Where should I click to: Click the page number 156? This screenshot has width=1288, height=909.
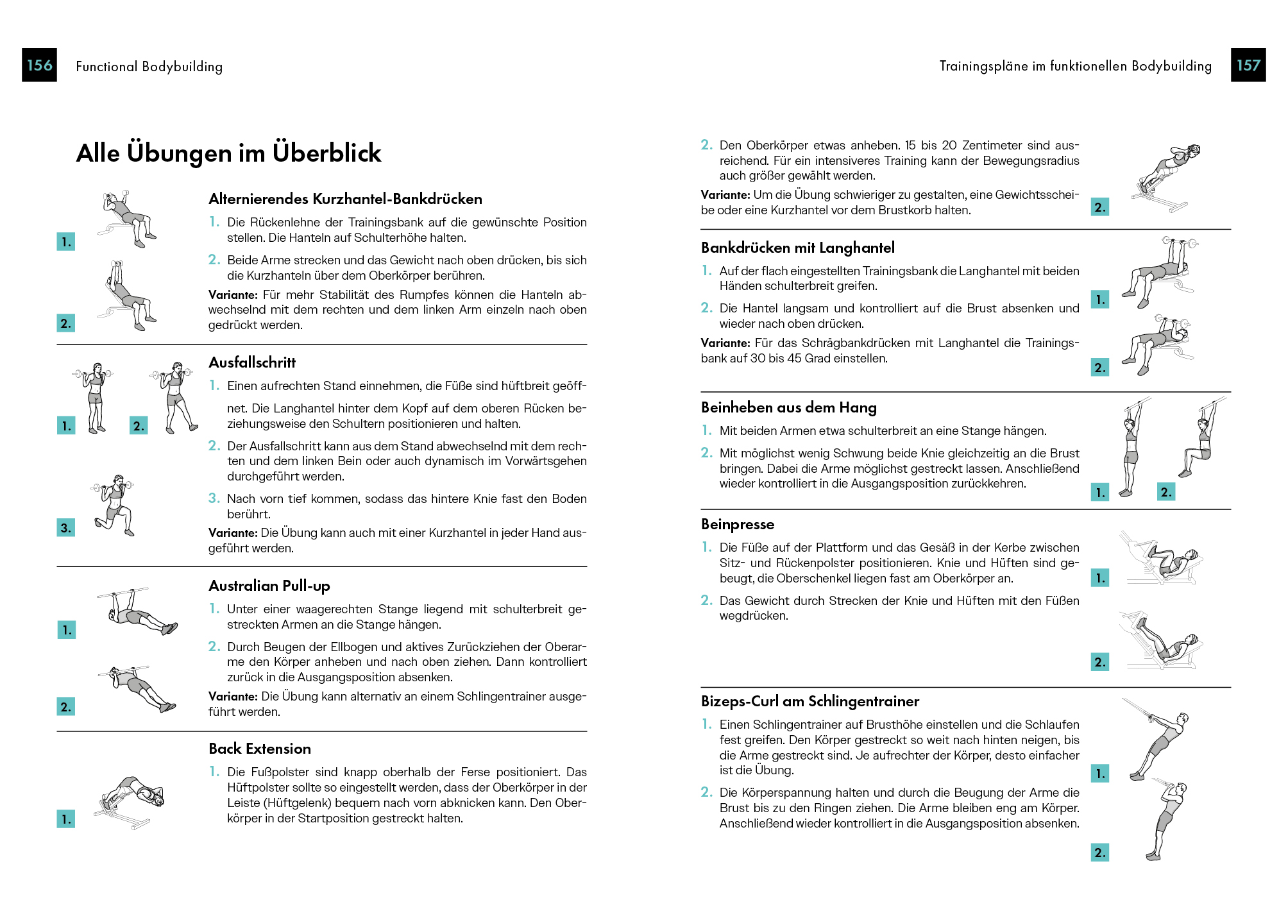(39, 65)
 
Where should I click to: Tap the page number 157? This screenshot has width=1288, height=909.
(1248, 65)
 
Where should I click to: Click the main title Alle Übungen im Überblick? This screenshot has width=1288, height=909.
(228, 153)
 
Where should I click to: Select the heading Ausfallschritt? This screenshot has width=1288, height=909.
(252, 362)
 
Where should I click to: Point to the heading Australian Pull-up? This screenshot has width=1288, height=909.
(269, 586)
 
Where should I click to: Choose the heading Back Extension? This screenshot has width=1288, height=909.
(259, 749)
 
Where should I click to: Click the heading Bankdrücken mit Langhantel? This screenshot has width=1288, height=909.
(797, 248)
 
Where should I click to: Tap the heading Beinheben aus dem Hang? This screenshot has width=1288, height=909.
(788, 407)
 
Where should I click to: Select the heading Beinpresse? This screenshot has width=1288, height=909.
(737, 524)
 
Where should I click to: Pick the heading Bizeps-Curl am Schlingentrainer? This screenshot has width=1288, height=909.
(809, 701)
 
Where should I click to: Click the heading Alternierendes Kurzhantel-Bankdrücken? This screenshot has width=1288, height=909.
(345, 199)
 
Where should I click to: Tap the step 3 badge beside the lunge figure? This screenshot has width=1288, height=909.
(65, 528)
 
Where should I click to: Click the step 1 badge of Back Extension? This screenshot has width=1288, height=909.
(65, 819)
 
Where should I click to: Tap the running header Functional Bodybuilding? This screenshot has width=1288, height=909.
(149, 66)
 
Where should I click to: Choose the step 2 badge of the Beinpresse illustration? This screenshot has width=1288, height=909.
(1099, 662)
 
